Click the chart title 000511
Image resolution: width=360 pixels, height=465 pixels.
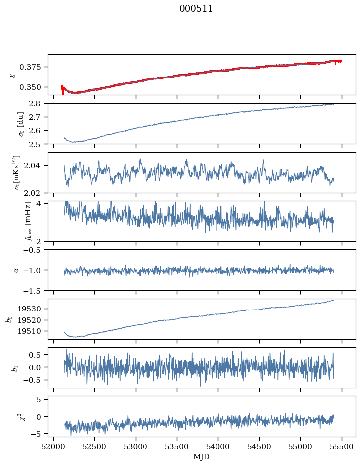[x=196, y=9]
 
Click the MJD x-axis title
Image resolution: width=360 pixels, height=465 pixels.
[x=202, y=456]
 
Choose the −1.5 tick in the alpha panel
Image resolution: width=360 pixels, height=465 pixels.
[x=36, y=290]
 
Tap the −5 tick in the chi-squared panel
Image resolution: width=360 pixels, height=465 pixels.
[x=40, y=434]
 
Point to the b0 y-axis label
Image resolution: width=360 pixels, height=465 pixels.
[x=8, y=319]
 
